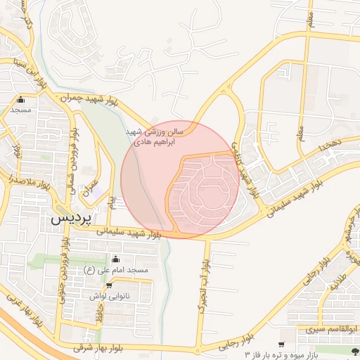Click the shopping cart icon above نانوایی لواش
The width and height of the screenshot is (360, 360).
(109, 285)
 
